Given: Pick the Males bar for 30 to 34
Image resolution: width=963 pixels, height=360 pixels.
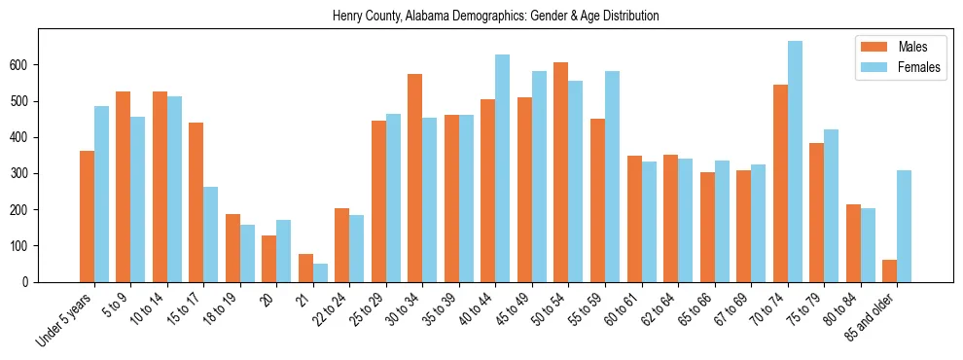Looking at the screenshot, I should (x=415, y=178).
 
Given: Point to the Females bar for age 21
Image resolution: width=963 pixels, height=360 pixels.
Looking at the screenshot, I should (x=320, y=272).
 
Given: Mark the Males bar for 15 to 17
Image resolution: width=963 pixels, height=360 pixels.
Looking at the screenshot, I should (x=196, y=202).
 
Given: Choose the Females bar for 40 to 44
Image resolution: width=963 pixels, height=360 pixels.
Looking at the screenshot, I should (x=503, y=168).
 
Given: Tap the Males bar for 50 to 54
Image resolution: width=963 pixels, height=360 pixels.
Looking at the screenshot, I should (x=561, y=172).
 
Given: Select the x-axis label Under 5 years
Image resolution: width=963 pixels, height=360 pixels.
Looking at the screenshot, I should (x=65, y=319).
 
